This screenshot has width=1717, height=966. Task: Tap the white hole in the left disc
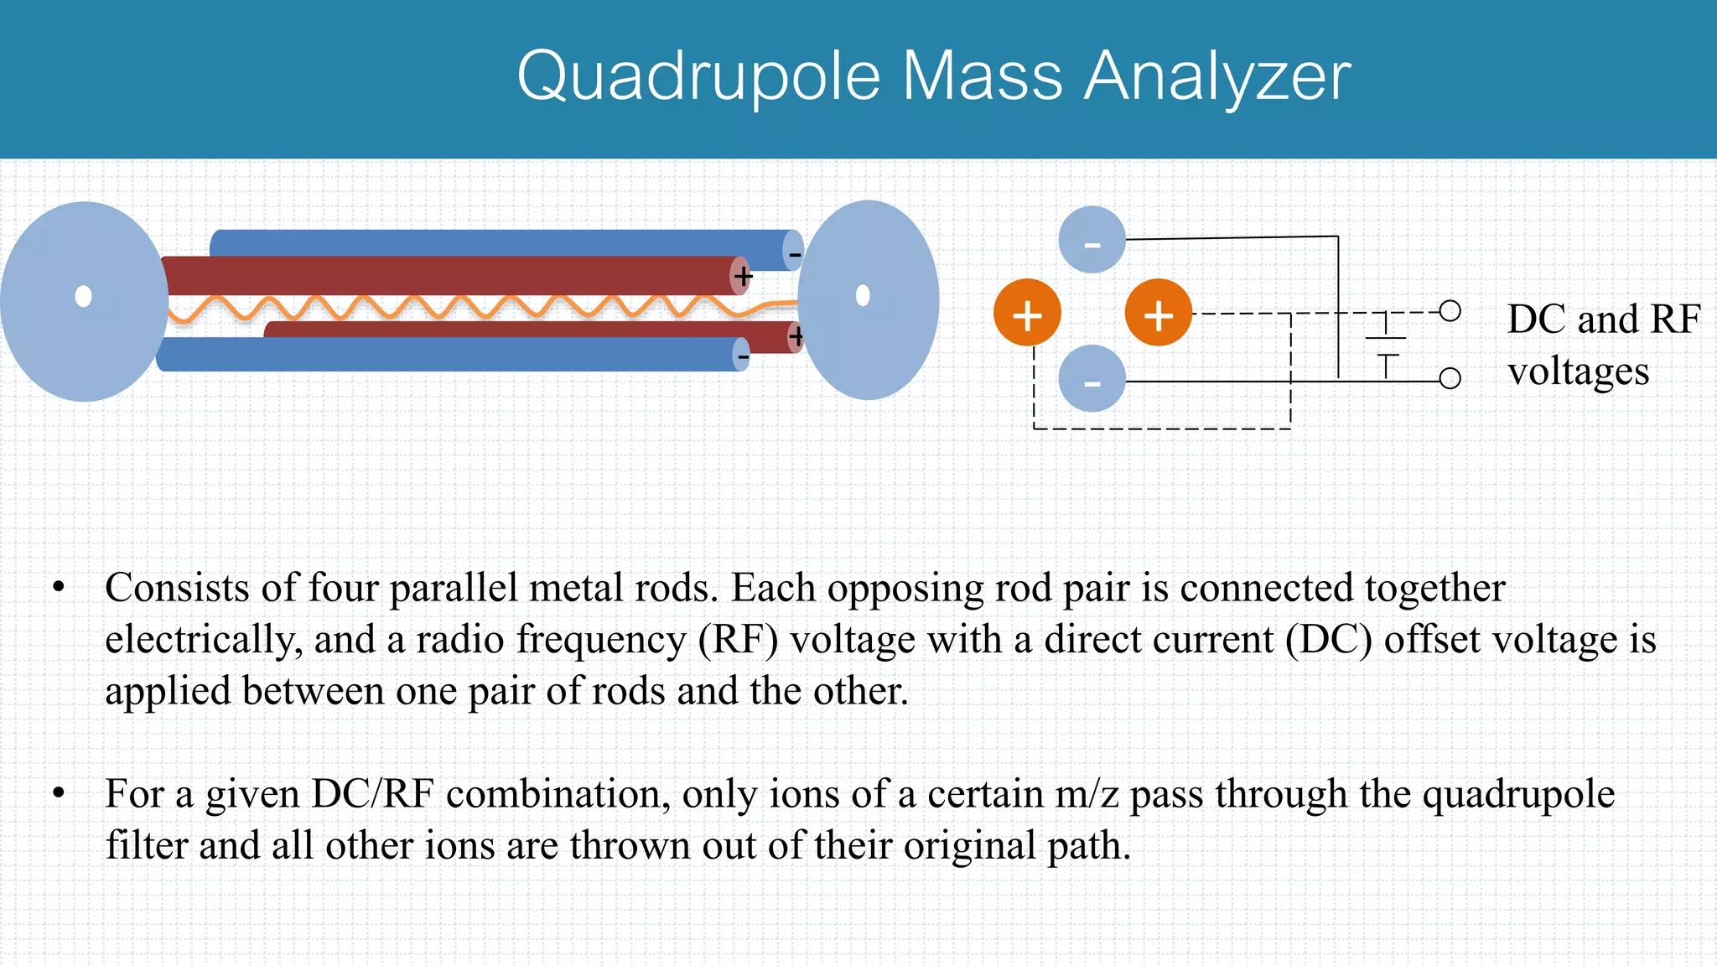click(x=83, y=296)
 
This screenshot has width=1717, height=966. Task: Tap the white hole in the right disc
click(x=863, y=295)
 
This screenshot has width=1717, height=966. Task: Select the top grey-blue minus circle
click(x=1092, y=240)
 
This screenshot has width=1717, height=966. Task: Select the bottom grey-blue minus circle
click(x=1092, y=379)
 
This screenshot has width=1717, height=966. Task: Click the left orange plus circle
click(x=1027, y=313)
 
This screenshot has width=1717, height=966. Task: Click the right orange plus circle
click(x=1158, y=313)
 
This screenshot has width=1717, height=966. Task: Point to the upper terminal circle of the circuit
click(x=1450, y=311)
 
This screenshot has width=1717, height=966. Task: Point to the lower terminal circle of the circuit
click(x=1450, y=378)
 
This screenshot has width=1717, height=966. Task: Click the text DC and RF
click(x=1603, y=319)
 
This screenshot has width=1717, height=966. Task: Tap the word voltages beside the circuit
click(x=1578, y=371)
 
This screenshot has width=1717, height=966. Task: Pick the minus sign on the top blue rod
click(x=794, y=252)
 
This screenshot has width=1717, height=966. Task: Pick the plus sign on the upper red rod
click(x=743, y=276)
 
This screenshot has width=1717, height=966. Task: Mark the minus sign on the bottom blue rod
click(x=743, y=356)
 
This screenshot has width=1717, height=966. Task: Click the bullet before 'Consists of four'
click(x=58, y=588)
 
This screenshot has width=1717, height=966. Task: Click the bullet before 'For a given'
click(x=58, y=793)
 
